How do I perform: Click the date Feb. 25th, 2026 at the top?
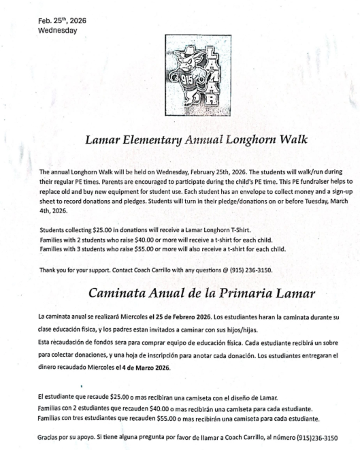57,20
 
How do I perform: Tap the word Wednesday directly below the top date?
58,30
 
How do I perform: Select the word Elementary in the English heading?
154,141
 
